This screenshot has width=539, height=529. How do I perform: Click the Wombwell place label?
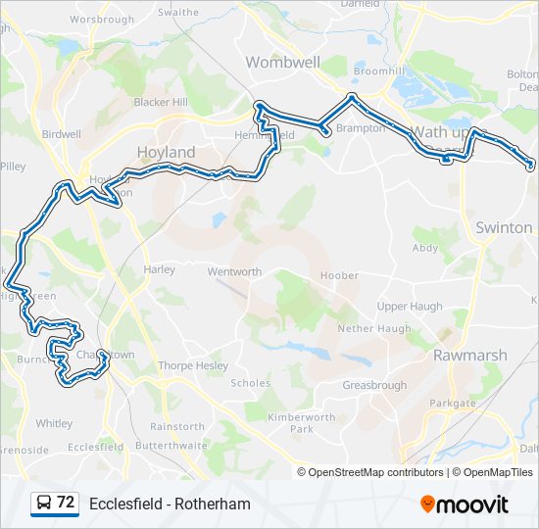(282, 62)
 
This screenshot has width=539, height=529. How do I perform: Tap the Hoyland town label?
(166, 152)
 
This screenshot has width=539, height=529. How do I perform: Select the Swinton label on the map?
(503, 227)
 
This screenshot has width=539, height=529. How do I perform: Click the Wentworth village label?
(234, 271)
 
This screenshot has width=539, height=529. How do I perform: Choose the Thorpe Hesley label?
(193, 366)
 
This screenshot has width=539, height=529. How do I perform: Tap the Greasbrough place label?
(374, 385)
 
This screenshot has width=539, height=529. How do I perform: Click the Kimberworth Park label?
(301, 423)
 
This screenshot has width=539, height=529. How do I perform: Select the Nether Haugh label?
(373, 329)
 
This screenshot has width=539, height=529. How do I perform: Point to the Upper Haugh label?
(410, 307)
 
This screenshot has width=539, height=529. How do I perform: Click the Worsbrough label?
(102, 19)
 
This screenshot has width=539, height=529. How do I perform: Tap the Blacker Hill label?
(160, 101)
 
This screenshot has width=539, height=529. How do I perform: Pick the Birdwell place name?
(62, 134)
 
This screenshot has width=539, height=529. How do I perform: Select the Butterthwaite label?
(171, 445)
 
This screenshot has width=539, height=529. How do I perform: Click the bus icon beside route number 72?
(44, 504)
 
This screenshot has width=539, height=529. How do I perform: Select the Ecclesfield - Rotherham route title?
(170, 505)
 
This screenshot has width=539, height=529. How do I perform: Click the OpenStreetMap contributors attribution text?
(375, 472)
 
